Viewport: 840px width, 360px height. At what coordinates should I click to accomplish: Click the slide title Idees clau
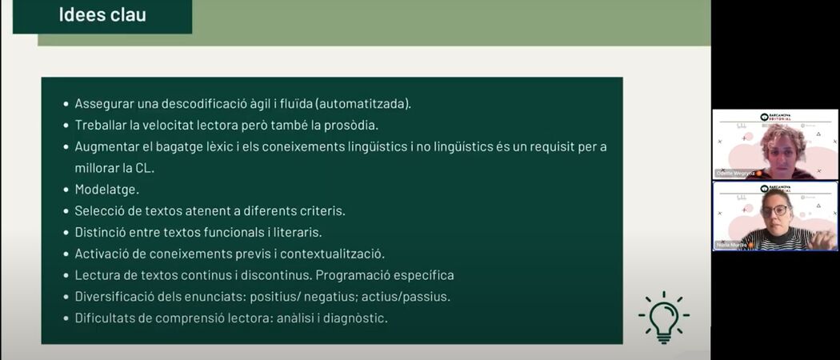(102, 14)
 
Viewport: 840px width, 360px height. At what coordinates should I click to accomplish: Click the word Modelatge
(106, 190)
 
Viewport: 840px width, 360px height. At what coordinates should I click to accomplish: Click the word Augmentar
(106, 146)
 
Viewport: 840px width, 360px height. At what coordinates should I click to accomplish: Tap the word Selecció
(100, 211)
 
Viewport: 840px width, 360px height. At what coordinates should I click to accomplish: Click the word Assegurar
(104, 103)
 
